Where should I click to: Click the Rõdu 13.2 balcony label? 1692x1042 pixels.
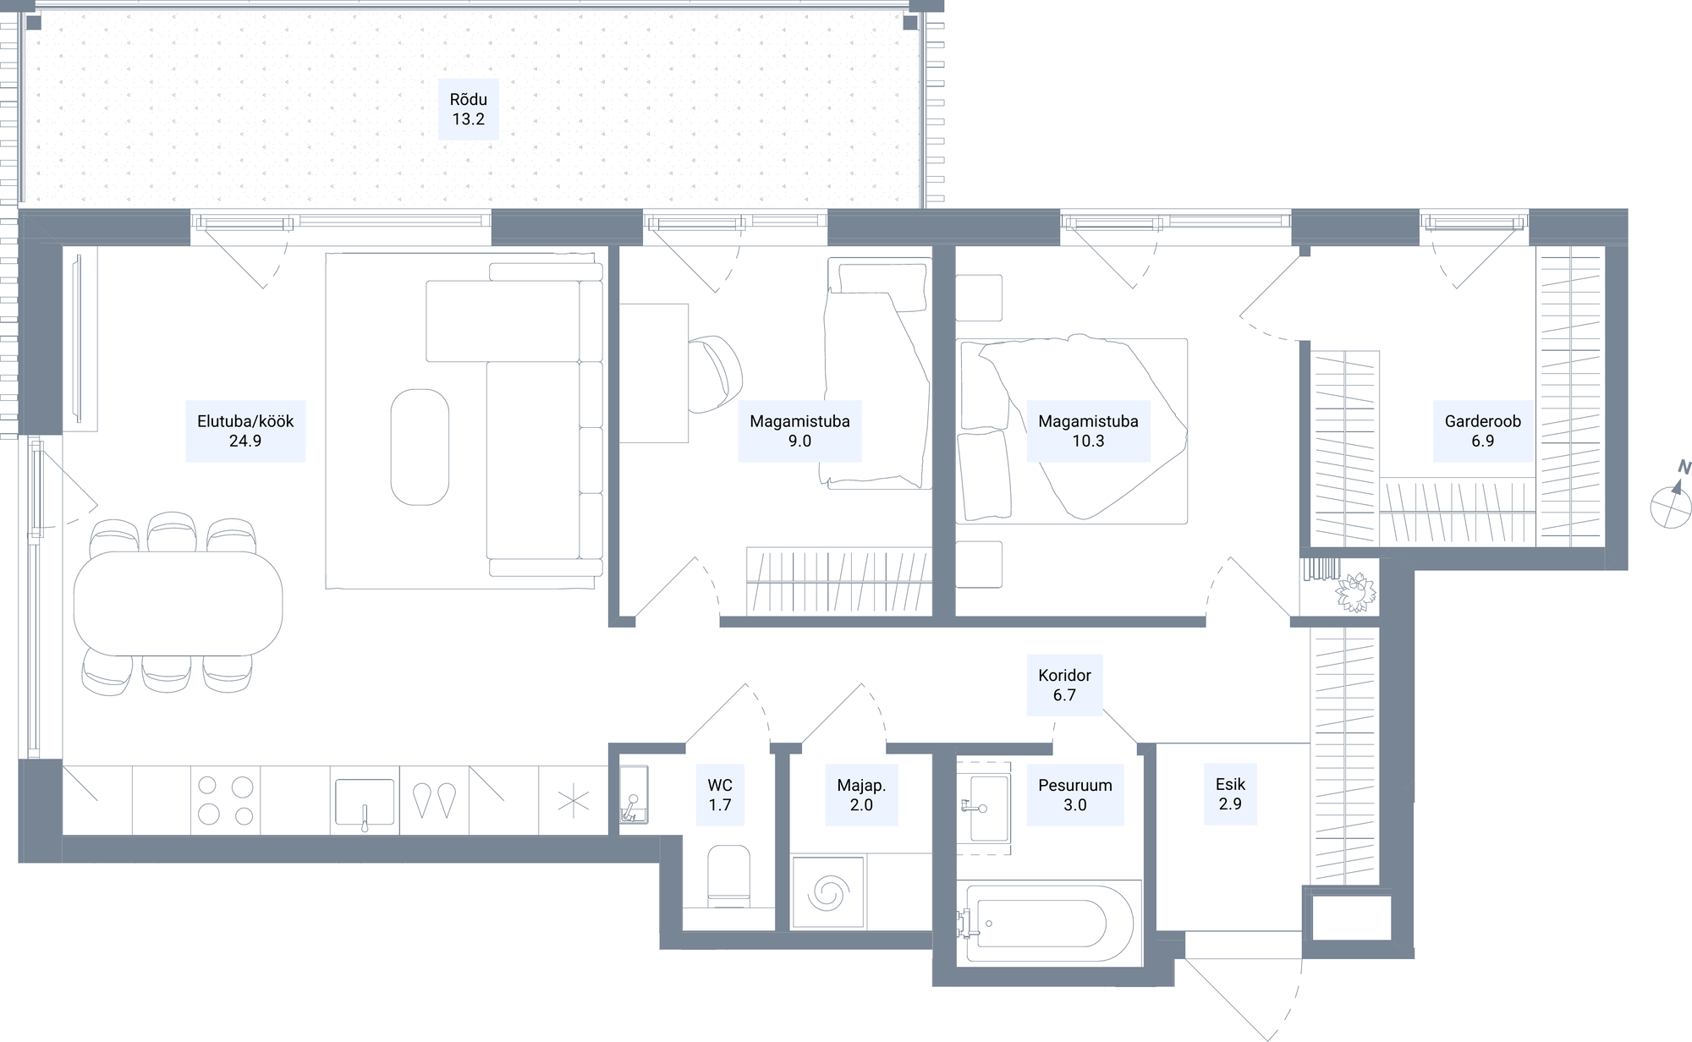pos(468,109)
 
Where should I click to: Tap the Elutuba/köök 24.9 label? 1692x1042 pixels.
pos(245,431)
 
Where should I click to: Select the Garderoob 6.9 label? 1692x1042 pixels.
pos(1482,431)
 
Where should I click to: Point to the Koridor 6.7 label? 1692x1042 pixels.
pos(1064,684)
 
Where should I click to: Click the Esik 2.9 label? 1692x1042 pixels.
pos(1230,794)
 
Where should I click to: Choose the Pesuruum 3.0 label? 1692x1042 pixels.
pos(1075,794)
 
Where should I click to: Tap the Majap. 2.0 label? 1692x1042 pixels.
pos(861,794)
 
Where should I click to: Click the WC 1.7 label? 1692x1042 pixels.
pos(720,794)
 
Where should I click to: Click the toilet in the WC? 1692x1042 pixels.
pos(728,875)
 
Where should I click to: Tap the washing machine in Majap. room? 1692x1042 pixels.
pos(828,891)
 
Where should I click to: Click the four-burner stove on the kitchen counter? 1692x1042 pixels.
pos(226,800)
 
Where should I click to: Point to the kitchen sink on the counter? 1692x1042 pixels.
pos(365,802)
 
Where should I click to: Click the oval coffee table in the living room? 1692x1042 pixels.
pos(420,447)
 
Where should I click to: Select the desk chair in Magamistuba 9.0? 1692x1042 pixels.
pos(715,373)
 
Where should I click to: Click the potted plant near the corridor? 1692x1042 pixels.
pos(1357,591)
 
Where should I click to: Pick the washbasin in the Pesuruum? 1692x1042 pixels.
pos(986,808)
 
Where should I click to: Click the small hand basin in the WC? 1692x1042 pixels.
pos(634,795)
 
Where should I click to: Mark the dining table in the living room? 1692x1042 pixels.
pos(178,603)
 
